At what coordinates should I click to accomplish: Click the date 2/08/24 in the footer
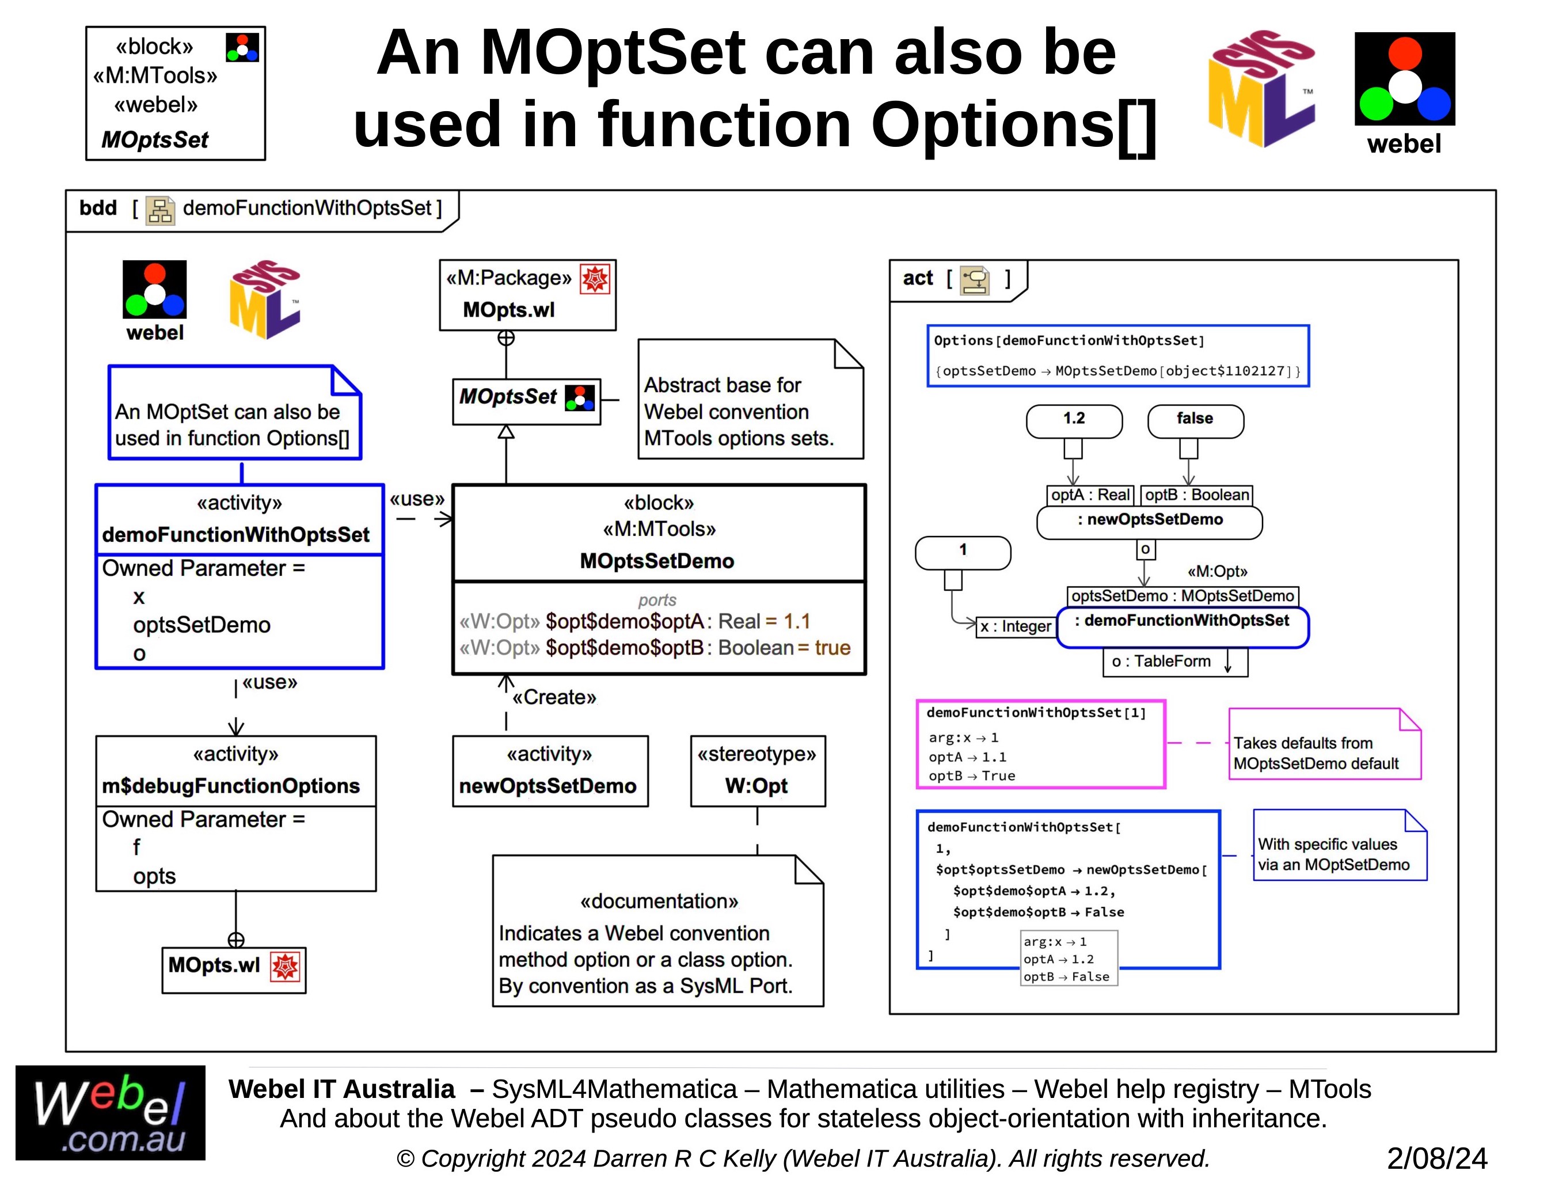[x=1436, y=1158]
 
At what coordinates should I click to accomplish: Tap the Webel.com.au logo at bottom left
[x=111, y=1112]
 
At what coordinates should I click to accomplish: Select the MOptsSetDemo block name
[x=656, y=561]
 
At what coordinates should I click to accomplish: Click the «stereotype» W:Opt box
[x=757, y=770]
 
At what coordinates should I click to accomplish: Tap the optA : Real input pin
[x=1089, y=495]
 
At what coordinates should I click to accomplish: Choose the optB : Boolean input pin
[x=1196, y=495]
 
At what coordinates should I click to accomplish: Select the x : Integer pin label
[x=1016, y=626]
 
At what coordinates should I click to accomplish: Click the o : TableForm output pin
[x=1174, y=662]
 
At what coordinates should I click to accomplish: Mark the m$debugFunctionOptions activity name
[x=231, y=786]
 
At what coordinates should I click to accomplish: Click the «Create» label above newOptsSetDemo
[x=554, y=697]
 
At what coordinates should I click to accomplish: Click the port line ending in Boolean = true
[x=655, y=647]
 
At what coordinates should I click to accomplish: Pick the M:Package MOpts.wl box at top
[x=527, y=295]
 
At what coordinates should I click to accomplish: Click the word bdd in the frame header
[x=98, y=208]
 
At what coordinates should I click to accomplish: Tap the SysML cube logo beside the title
[x=1261, y=89]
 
